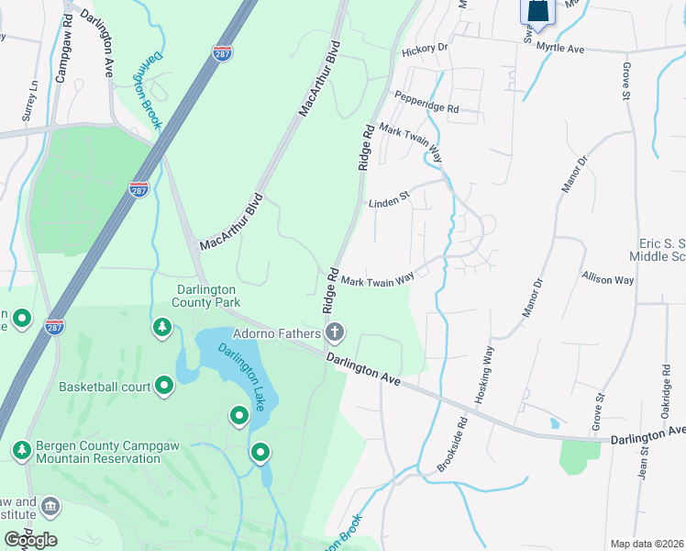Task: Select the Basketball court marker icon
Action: tap(165, 386)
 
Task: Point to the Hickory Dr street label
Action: tap(424, 48)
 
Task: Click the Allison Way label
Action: tap(607, 278)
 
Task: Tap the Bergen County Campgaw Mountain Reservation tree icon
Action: tap(21, 450)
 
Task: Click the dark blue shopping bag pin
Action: tap(538, 10)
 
